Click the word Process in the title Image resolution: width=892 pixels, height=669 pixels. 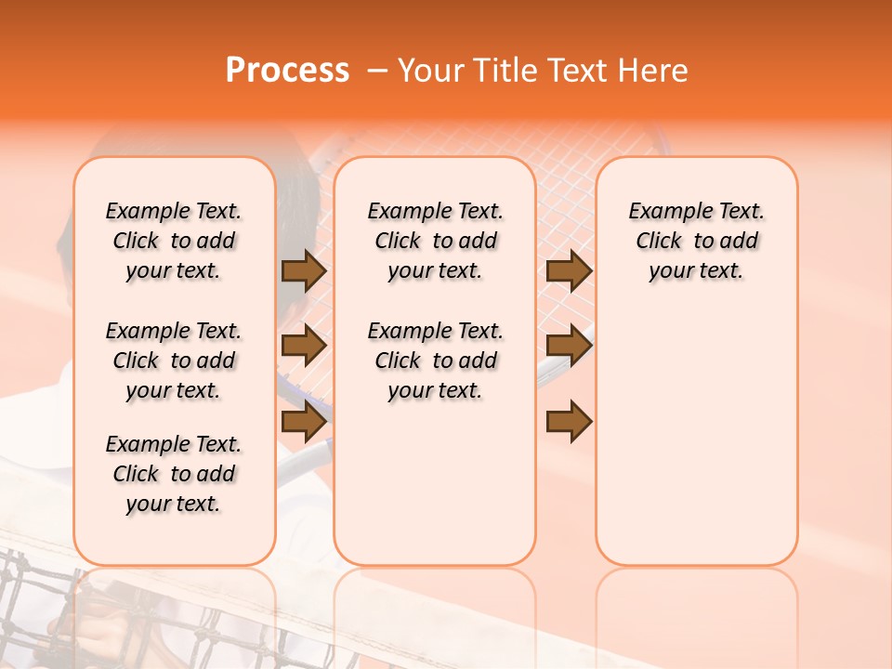click(287, 71)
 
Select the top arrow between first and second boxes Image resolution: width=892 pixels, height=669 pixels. click(304, 270)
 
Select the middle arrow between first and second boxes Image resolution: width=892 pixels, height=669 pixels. click(304, 346)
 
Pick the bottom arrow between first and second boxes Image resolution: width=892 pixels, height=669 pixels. click(304, 421)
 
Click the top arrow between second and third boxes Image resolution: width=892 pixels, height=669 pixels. click(569, 270)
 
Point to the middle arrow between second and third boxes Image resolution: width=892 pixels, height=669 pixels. click(569, 346)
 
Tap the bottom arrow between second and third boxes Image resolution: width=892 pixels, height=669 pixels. click(569, 421)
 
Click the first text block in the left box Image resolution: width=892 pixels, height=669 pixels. click(174, 241)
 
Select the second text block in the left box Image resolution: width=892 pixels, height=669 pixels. click(174, 361)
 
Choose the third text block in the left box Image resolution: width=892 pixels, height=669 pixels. click(174, 474)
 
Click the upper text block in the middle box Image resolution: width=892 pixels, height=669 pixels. click(435, 241)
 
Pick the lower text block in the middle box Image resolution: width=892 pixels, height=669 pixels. click(435, 361)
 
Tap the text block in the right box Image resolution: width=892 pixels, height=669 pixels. click(696, 241)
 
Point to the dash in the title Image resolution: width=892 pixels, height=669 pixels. click(377, 71)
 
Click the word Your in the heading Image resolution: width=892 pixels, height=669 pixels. click(432, 71)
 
